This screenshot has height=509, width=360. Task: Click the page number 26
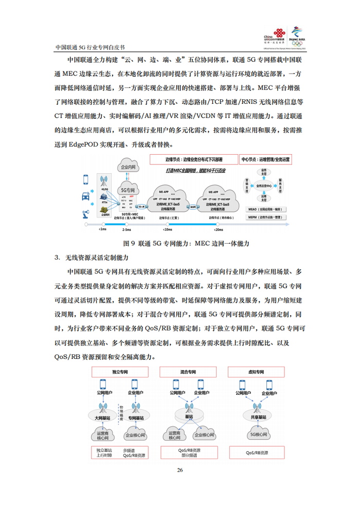[x=179, y=470]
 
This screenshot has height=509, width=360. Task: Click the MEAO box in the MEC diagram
[x=268, y=209]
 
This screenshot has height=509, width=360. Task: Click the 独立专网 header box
[x=119, y=371]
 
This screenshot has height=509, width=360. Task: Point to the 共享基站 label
[x=257, y=417]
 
